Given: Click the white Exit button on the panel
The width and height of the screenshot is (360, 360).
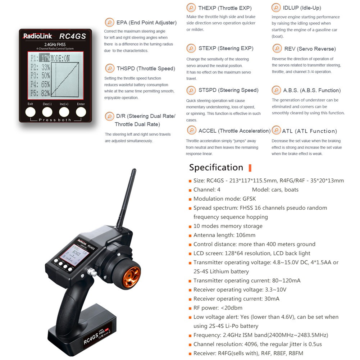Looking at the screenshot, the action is (x=30, y=112).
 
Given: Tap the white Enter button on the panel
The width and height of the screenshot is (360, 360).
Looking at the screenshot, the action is (x=81, y=112).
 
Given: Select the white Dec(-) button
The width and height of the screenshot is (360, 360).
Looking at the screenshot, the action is (x=47, y=112).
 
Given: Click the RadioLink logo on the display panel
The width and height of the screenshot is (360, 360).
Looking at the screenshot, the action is (x=38, y=36).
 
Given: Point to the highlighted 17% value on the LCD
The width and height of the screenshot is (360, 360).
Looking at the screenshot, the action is (x=44, y=58).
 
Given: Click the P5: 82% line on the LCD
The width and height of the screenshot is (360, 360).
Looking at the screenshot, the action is (x=40, y=93).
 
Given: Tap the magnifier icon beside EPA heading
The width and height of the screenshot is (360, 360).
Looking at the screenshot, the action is (x=110, y=22).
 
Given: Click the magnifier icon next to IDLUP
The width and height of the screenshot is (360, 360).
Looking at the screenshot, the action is (x=276, y=8).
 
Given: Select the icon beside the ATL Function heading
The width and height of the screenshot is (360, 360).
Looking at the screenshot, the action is (x=276, y=130).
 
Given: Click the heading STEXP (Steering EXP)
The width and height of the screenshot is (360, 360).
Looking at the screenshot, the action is (x=226, y=48).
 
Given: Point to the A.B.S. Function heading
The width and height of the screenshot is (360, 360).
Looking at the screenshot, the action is (x=312, y=90).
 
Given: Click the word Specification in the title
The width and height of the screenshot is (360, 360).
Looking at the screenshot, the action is (x=216, y=167).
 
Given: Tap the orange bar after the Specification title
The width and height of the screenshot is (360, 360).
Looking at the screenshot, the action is (x=250, y=168).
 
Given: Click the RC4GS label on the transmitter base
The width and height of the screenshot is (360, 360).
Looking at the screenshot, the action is (x=91, y=338).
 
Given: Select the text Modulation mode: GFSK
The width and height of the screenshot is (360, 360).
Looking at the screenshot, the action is (x=224, y=199).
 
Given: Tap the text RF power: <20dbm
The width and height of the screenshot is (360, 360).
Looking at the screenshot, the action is (x=218, y=307).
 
